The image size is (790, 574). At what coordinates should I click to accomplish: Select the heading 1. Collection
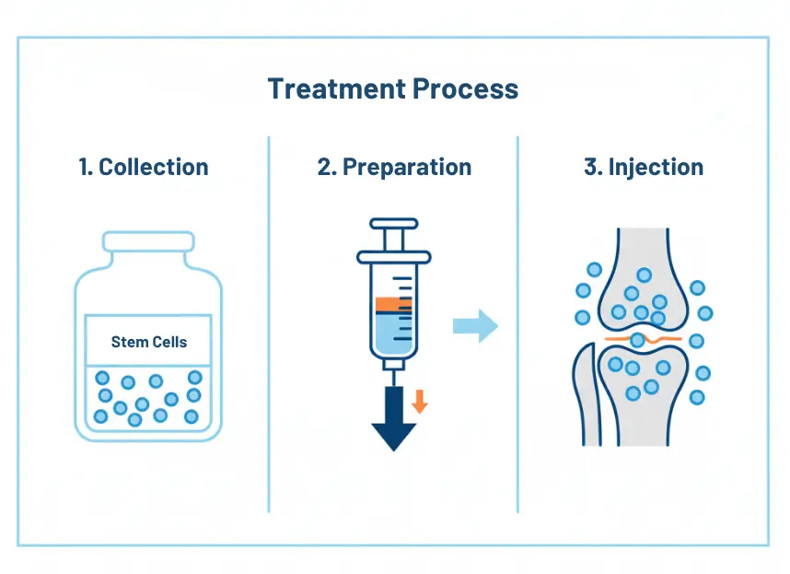click(144, 167)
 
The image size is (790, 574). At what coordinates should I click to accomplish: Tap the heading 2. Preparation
click(393, 167)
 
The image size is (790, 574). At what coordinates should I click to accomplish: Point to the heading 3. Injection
click(644, 167)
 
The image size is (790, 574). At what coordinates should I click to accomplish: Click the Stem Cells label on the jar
click(148, 342)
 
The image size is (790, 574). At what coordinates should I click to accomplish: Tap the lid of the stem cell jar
click(148, 241)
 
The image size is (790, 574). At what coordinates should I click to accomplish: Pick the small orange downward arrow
click(420, 401)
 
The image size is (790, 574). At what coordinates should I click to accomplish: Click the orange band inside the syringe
click(393, 303)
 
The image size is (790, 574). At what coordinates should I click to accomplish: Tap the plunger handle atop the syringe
click(393, 224)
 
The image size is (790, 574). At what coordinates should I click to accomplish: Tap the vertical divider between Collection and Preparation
click(269, 322)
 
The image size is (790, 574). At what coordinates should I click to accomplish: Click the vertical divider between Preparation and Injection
click(517, 322)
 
